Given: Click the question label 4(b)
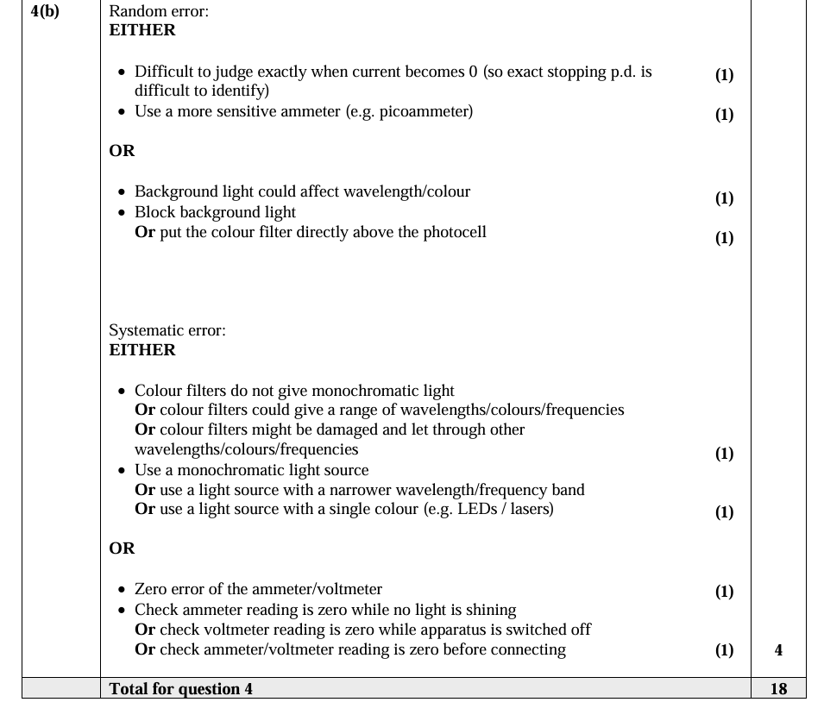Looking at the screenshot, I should tap(45, 12).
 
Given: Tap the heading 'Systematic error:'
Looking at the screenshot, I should tap(167, 330).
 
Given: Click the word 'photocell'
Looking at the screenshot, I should tap(454, 232).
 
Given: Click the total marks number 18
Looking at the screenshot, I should tap(778, 688).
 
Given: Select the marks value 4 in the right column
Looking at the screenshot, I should tap(778, 650).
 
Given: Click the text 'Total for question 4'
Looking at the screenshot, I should tap(181, 688).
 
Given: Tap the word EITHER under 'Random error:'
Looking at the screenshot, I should tap(142, 30).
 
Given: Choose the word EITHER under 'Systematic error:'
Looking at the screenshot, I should tap(142, 350).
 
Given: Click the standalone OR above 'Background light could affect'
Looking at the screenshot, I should tap(122, 151).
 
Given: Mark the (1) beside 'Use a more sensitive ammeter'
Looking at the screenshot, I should tap(724, 115).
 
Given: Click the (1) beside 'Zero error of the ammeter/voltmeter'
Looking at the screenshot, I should tap(724, 592).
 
